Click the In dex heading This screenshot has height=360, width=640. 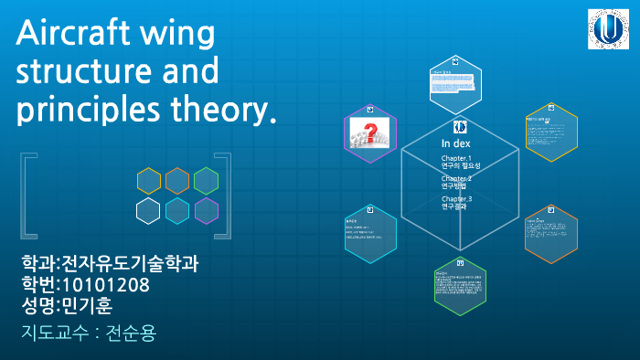coord(455,143)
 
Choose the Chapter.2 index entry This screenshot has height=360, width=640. coord(456,182)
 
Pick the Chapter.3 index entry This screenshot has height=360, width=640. coord(456,202)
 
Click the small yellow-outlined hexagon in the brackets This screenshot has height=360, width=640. coord(149,181)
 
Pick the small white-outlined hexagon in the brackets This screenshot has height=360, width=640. coord(149,211)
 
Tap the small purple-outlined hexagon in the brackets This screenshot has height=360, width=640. coord(207,211)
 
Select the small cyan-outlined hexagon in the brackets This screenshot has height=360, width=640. coord(177,211)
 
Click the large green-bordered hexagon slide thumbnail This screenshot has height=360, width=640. coord(460,284)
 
